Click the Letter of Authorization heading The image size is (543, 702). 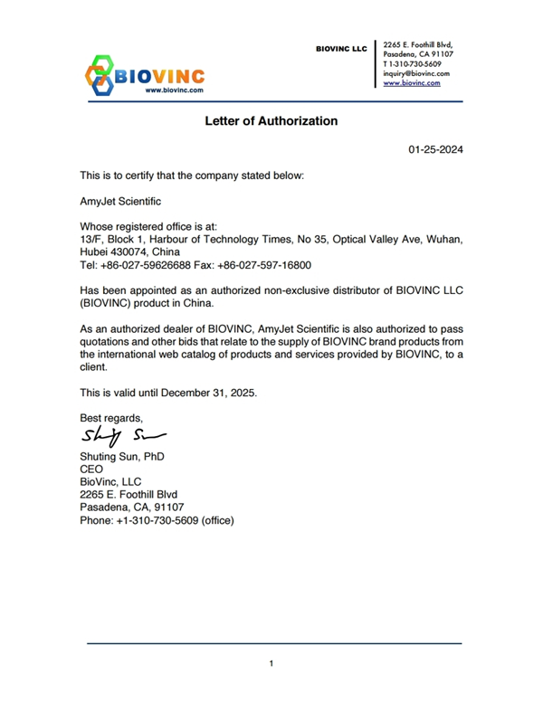(x=271, y=120)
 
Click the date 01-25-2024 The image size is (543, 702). (x=435, y=150)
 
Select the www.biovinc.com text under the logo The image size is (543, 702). (x=175, y=90)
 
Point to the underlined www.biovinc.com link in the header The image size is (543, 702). (x=412, y=82)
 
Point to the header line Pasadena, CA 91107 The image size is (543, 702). (x=418, y=54)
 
